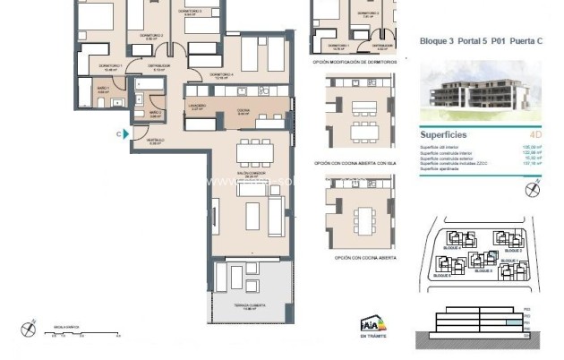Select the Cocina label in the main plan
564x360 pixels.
coord(244,112)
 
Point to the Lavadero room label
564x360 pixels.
coord(199,107)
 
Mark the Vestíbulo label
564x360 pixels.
coord(155,141)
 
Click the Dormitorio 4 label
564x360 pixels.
coord(221,75)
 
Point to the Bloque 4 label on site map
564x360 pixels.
coord(453,248)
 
